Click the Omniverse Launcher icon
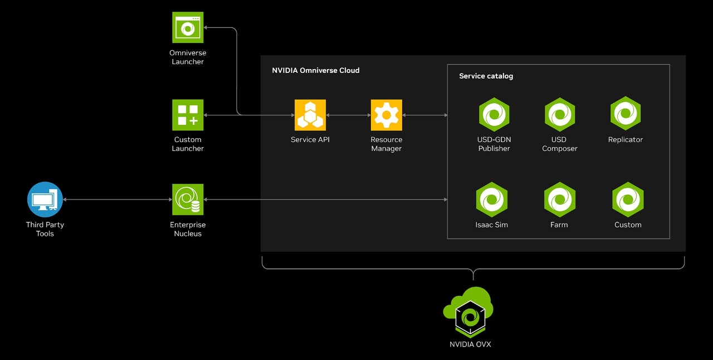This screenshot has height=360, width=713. (188, 27)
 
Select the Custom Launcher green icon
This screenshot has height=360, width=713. (188, 115)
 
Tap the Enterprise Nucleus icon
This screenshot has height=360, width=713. (188, 200)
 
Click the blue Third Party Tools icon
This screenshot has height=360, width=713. (45, 200)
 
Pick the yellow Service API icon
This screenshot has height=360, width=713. (310, 115)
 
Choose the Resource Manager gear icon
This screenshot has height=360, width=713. (386, 115)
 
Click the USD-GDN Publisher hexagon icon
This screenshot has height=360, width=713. (494, 114)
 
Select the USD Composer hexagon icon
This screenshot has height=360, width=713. (559, 114)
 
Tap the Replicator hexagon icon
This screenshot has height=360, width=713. (626, 113)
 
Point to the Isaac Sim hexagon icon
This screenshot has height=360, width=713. (492, 200)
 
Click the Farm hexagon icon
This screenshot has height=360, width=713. (559, 200)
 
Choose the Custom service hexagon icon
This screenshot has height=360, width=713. (628, 200)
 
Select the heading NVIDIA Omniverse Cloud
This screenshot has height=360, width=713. (315, 70)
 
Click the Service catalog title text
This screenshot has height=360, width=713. (486, 76)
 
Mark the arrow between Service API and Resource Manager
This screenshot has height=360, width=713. (348, 115)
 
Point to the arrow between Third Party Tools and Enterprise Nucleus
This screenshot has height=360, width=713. (118, 200)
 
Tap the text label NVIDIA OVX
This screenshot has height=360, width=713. (470, 344)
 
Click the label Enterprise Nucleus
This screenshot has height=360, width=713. (188, 229)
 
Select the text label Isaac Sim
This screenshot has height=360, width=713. (491, 225)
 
